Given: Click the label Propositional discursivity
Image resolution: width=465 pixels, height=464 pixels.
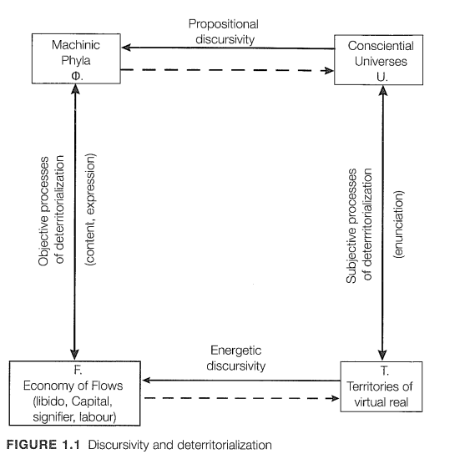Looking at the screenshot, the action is tap(224, 32).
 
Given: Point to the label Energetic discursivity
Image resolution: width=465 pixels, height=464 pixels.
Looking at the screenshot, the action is tap(236, 358).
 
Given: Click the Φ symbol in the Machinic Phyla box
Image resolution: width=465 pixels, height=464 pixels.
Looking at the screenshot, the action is tap(77, 76).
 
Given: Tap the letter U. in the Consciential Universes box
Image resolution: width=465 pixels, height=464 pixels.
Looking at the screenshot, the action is tap(382, 77).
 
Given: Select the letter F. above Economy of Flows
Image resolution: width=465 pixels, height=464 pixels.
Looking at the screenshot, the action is tap(78, 370).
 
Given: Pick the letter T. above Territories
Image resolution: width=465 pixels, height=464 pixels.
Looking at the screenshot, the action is tap(384, 371).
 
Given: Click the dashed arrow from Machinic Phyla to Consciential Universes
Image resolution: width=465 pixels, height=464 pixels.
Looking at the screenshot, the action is tap(227, 70).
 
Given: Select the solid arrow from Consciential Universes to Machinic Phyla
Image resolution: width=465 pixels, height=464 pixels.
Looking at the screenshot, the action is tap(228, 48).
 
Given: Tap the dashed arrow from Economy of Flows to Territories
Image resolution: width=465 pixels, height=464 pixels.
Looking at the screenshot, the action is tap(242, 398).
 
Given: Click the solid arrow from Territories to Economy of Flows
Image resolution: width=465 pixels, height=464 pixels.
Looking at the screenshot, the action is tap(241, 381).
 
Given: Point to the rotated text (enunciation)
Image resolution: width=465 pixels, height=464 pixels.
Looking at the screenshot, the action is tap(398, 224).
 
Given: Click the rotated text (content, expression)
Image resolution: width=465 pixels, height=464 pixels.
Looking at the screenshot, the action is tap(90, 209).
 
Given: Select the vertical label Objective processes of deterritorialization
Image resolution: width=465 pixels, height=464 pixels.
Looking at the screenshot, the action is tap(51, 210).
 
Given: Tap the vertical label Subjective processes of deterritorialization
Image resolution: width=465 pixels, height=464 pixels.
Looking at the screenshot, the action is tap(359, 225).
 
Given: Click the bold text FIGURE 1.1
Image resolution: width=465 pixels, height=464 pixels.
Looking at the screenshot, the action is tap(43, 445).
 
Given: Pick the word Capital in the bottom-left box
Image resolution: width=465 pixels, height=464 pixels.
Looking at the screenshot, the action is tap(92, 401).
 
